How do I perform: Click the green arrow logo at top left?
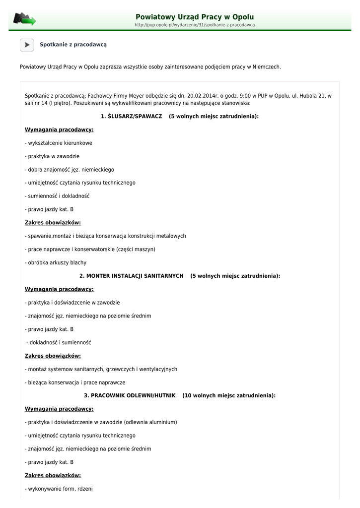tap(24, 19)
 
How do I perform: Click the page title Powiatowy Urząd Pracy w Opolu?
tap(195, 17)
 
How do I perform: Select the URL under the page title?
tap(195, 25)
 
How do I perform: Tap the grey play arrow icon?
tap(27, 45)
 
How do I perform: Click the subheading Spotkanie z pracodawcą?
tap(73, 45)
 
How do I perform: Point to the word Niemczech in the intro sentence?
tap(267, 66)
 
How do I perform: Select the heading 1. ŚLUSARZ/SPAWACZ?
tap(131, 117)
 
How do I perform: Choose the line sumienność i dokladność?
tap(57, 196)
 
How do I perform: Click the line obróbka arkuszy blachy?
tap(56, 262)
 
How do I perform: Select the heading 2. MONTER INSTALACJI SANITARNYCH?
tap(132, 276)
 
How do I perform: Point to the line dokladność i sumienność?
tap(59, 342)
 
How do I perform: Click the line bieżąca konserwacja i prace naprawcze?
tap(75, 382)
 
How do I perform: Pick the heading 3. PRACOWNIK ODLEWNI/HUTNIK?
tap(130, 396)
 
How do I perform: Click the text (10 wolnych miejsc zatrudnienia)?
tap(229, 396)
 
